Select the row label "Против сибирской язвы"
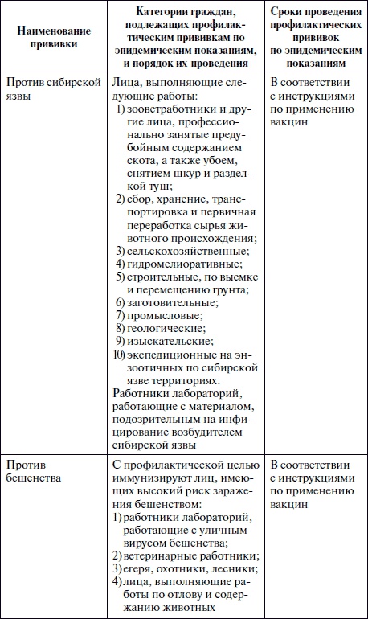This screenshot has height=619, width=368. (52, 90)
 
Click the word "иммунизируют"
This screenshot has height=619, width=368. (151, 480)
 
